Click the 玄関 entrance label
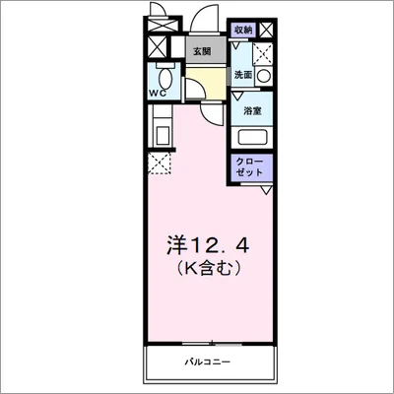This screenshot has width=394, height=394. point(202,50)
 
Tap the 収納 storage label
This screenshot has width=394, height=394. point(242,31)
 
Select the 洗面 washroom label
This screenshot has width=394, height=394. point(243,75)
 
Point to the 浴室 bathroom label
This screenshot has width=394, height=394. point(253,111)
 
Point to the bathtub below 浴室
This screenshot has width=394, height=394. point(254,137)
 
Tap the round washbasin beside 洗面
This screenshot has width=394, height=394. point(263,75)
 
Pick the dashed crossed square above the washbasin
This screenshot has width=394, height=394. point(263,52)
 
